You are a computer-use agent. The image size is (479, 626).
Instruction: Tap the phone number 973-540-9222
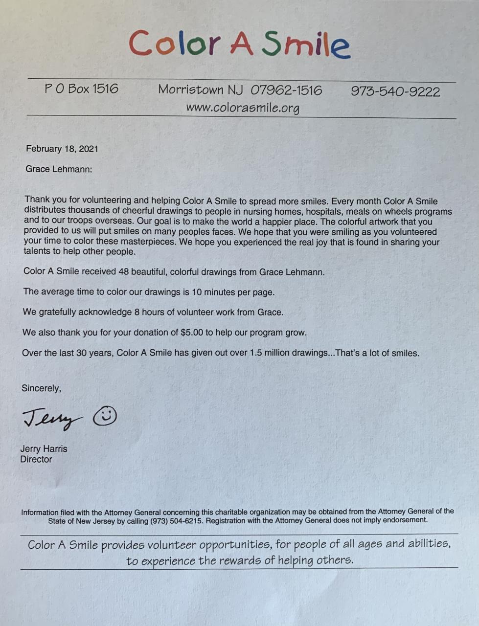(395, 91)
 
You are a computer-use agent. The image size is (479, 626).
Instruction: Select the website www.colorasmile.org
(242, 108)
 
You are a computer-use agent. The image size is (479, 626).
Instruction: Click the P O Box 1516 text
(81, 89)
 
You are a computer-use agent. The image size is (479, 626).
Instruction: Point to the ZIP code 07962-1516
(286, 90)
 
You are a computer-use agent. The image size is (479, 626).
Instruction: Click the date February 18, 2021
(62, 149)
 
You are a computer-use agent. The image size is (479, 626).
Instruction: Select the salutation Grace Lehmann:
(59, 169)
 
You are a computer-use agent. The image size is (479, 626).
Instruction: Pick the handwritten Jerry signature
(51, 419)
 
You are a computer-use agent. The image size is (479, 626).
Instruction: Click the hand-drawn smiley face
(105, 416)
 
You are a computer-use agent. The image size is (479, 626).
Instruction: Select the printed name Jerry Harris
(44, 448)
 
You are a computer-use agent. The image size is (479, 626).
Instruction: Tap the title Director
(36, 459)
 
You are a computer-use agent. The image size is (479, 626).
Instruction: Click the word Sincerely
(41, 388)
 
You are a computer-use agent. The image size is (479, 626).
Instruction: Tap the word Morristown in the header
(191, 89)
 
